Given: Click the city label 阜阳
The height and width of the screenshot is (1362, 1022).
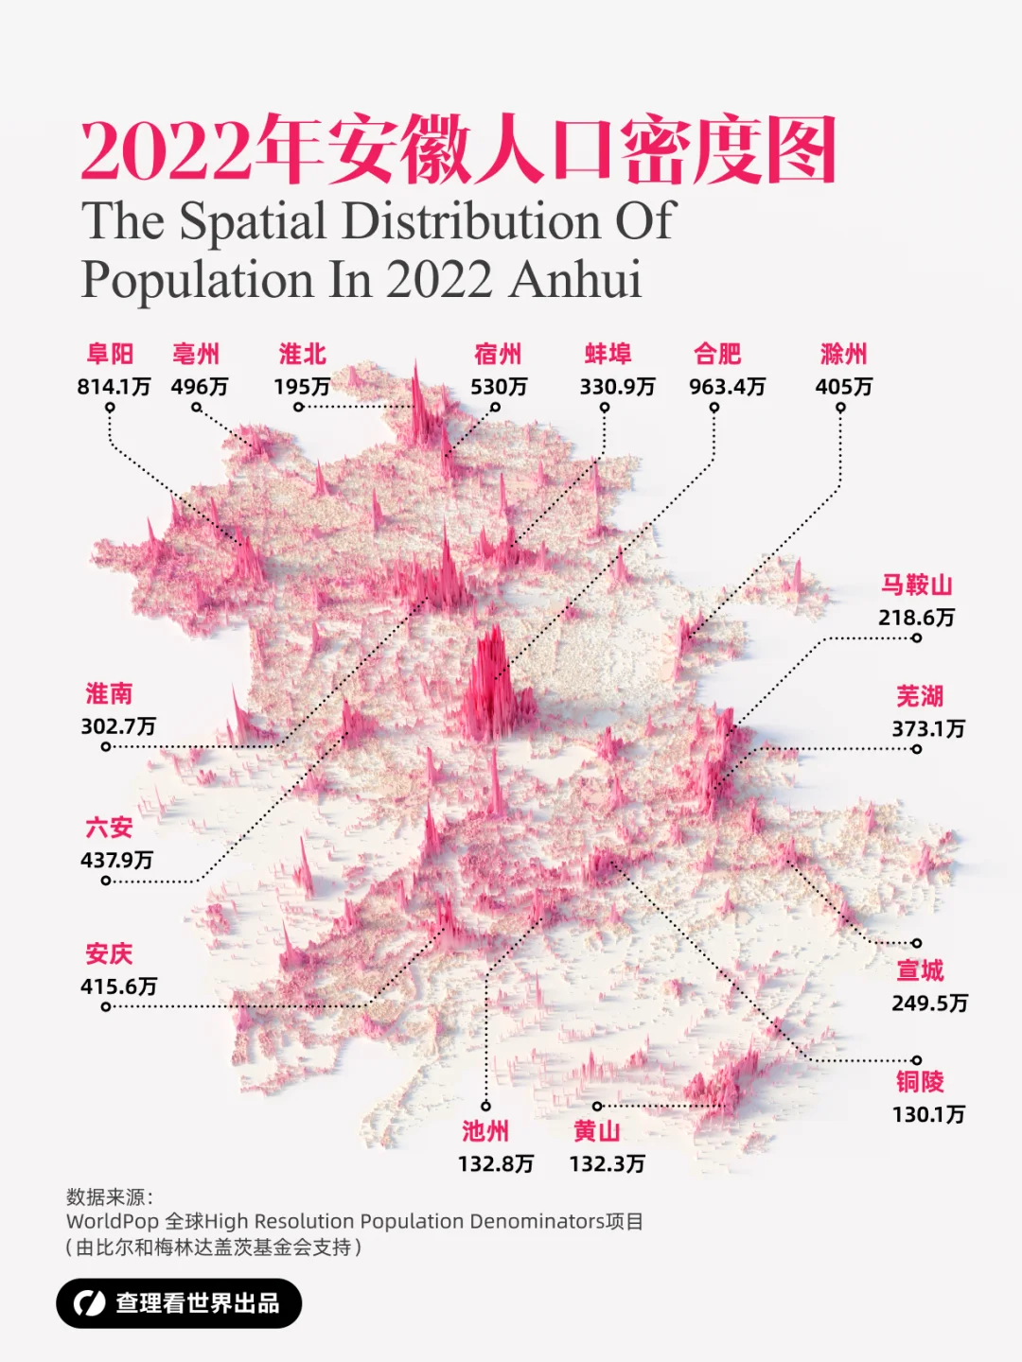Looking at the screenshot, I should tap(110, 355).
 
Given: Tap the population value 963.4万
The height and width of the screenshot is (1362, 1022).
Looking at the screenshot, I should tap(727, 387).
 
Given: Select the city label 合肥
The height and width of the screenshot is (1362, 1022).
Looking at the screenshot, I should tap(717, 355).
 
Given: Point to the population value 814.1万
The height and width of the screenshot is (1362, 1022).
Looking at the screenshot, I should tap(114, 387).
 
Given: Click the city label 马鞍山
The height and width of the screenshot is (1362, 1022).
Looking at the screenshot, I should tap(916, 585).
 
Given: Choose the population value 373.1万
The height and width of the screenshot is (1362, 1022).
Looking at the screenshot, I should tap(928, 729).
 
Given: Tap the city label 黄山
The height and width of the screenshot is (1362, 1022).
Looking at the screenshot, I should tap(596, 1131).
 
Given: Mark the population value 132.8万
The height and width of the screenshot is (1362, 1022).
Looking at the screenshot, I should tap(496, 1164).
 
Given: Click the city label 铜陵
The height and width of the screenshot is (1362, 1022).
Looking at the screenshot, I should tap(920, 1082).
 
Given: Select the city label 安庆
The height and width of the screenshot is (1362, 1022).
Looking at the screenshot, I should tap(109, 953).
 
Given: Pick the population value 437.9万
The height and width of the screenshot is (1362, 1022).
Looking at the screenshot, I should tap(116, 860).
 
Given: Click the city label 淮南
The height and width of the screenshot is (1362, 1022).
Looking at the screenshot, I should tap(109, 694).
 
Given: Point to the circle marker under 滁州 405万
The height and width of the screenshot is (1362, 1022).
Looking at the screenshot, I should tap(840, 409).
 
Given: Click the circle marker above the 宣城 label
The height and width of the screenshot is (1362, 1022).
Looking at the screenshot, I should tap(916, 943).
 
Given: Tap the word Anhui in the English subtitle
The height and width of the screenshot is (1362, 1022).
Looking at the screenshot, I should tap(575, 280).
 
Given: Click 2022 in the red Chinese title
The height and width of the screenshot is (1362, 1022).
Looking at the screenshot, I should tap(167, 151).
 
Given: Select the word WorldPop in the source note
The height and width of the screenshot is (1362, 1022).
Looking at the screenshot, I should tap(112, 1222).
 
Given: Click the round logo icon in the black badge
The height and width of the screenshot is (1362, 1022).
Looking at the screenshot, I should tap(89, 1303).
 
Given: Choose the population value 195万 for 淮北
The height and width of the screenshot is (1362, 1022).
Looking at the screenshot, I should tap(302, 387).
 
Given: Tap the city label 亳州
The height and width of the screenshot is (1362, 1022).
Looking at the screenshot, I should tap(196, 355).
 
